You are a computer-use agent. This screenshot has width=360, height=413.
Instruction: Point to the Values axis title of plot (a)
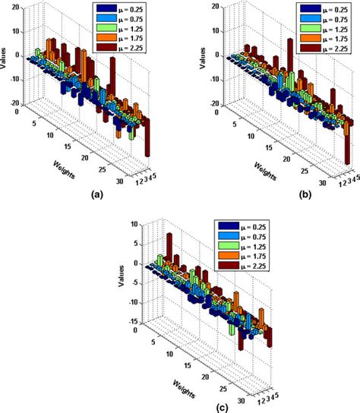[x=5, y=55]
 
